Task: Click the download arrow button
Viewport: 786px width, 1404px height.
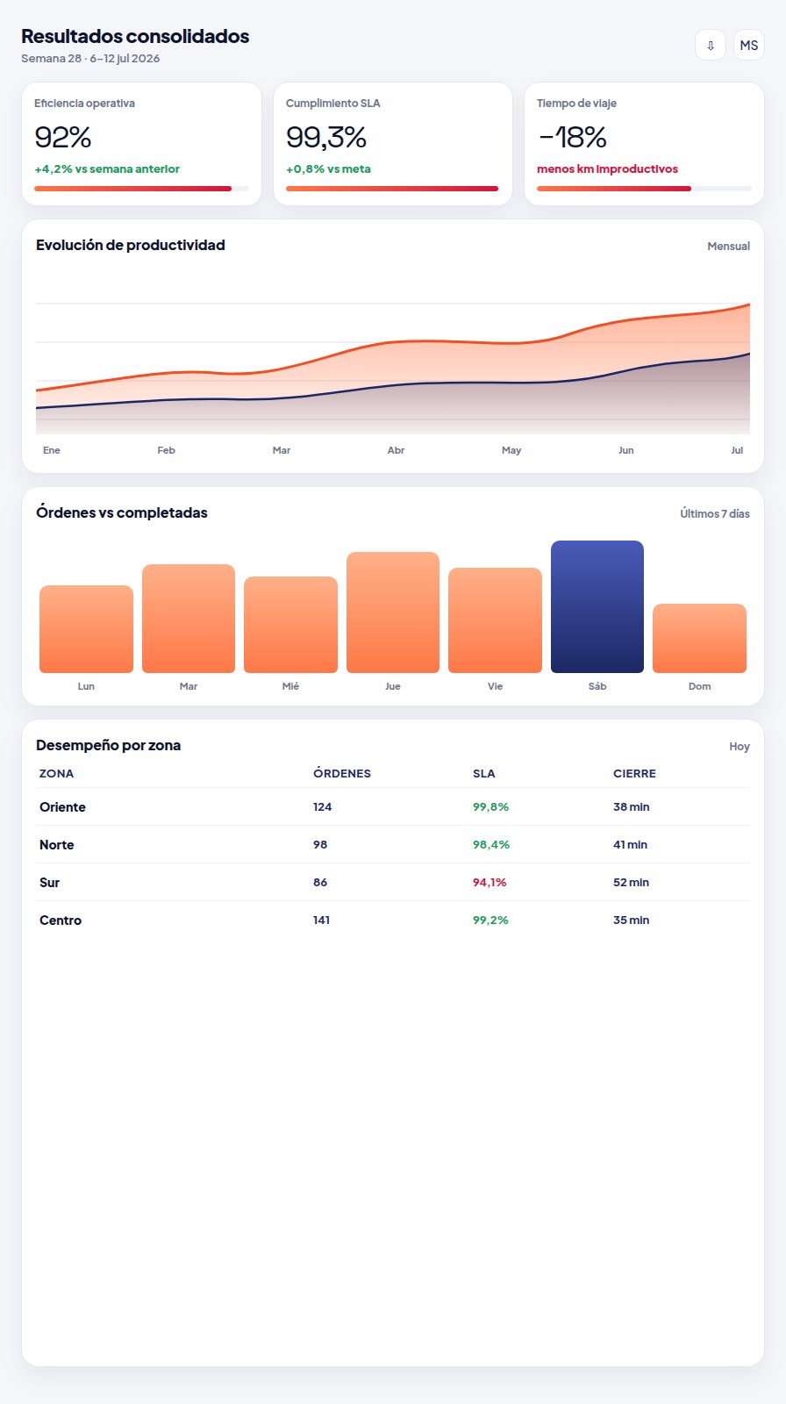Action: (711, 45)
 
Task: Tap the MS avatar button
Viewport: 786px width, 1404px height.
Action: (749, 45)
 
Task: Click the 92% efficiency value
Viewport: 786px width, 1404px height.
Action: (62, 137)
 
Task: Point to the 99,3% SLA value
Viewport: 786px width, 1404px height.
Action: (326, 137)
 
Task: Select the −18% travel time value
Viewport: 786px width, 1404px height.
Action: (572, 137)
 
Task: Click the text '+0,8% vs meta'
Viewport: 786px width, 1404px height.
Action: (328, 169)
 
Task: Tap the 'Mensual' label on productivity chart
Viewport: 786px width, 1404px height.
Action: (728, 247)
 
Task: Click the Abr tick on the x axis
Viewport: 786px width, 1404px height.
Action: (396, 450)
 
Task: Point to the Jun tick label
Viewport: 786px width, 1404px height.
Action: (626, 450)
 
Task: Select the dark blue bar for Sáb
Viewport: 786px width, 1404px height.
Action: (597, 606)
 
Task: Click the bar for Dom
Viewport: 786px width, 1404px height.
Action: (699, 639)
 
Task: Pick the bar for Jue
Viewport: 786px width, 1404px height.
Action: (393, 612)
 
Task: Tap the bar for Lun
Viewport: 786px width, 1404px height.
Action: (87, 629)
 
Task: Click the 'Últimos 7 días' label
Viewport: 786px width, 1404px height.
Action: (715, 514)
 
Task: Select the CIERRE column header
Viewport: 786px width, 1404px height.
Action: (634, 773)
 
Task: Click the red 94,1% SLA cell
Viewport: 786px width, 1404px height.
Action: (489, 883)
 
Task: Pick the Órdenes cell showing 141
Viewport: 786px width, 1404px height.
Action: (322, 920)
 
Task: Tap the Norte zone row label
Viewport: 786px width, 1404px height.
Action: (56, 845)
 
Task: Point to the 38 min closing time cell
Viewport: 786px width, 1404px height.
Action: (632, 807)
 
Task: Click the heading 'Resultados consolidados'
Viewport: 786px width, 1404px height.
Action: (135, 36)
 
